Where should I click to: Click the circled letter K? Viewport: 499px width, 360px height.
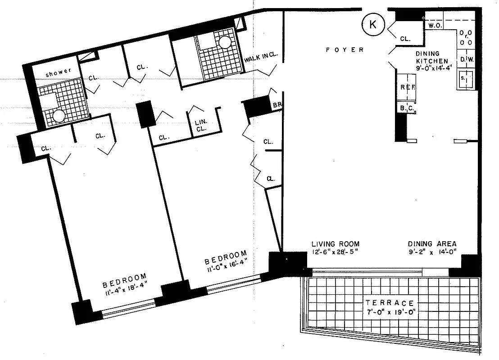click(373, 25)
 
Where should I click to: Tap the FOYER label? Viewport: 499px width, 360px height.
click(345, 50)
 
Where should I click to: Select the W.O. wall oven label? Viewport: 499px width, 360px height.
click(434, 26)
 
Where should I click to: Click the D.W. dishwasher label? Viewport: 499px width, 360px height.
click(465, 59)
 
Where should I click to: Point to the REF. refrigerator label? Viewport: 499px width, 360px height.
click(408, 87)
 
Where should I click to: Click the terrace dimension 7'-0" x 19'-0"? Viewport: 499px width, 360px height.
click(390, 313)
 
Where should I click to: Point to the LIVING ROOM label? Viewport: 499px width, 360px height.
click(336, 244)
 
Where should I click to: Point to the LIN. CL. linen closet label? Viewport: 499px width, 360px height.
click(201, 125)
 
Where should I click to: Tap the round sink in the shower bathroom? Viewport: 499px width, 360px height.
click(59, 117)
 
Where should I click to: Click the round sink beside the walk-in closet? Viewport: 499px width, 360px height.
click(225, 42)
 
